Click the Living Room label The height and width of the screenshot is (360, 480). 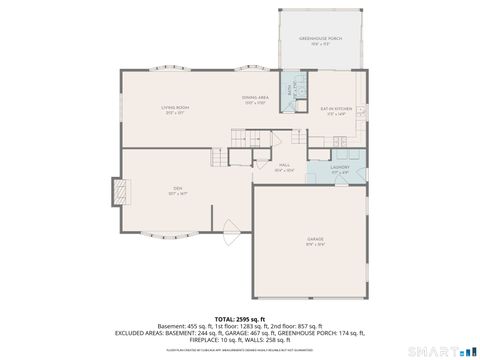click(x=176, y=109)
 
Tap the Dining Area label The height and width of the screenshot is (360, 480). click(x=254, y=99)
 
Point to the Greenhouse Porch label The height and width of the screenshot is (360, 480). click(x=322, y=41)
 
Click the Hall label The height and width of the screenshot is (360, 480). click(x=285, y=168)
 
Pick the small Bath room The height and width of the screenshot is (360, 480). click(x=292, y=89)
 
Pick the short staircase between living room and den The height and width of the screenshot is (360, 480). click(x=219, y=155)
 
